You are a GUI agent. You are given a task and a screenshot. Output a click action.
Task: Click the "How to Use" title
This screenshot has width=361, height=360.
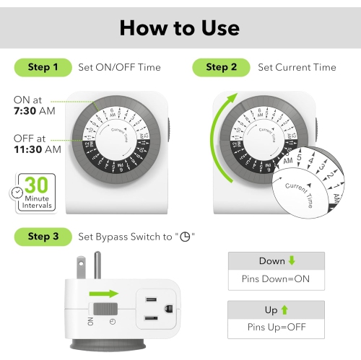pos(180,27)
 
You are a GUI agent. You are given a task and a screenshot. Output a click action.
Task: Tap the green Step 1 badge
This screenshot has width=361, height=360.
pos(43,67)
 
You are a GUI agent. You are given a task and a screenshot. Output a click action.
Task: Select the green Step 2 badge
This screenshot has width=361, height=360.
pos(221,67)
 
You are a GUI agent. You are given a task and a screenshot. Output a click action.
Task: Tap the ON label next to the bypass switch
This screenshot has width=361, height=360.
pos(90,320)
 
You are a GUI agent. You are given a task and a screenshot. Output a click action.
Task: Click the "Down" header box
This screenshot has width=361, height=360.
pos(277,260)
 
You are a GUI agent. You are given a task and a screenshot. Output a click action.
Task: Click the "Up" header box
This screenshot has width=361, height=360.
pos(277,309)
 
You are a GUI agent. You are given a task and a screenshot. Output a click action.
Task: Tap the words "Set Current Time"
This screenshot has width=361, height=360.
pos(297,67)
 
